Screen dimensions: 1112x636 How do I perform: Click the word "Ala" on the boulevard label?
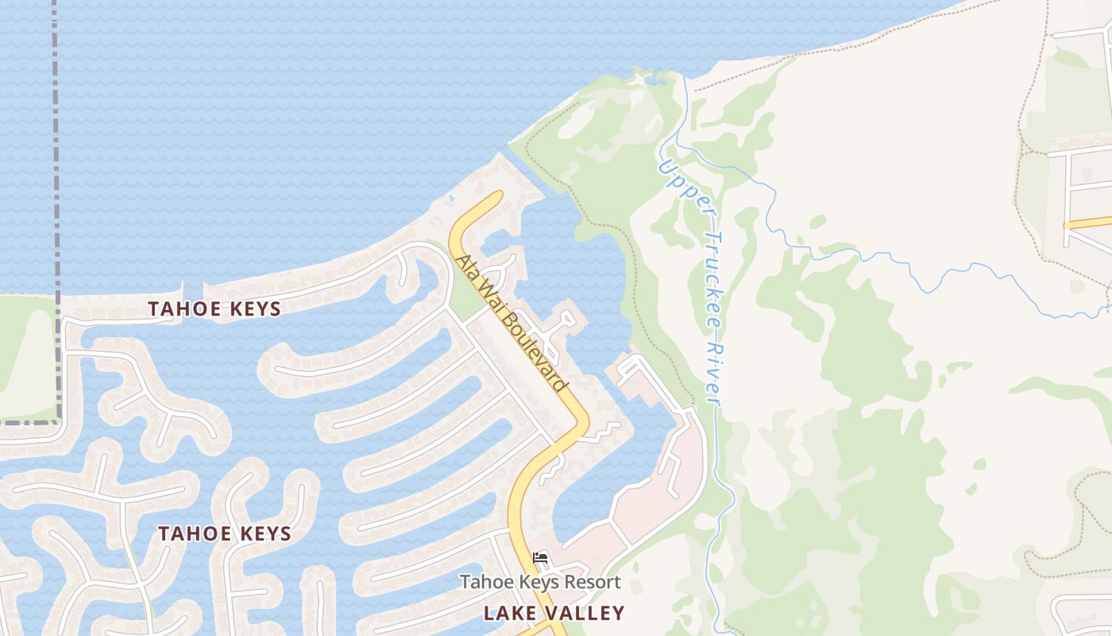tap(465, 267)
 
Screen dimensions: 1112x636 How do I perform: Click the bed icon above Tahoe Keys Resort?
tap(541, 558)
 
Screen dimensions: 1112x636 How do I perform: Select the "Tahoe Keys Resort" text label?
tap(540, 582)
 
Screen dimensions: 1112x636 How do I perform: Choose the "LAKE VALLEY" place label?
tap(554, 613)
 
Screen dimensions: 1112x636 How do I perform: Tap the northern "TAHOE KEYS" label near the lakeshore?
tap(214, 309)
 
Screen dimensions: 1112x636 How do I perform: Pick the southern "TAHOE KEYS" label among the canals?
tap(225, 533)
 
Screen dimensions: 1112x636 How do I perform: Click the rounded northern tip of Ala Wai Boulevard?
tap(492, 197)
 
